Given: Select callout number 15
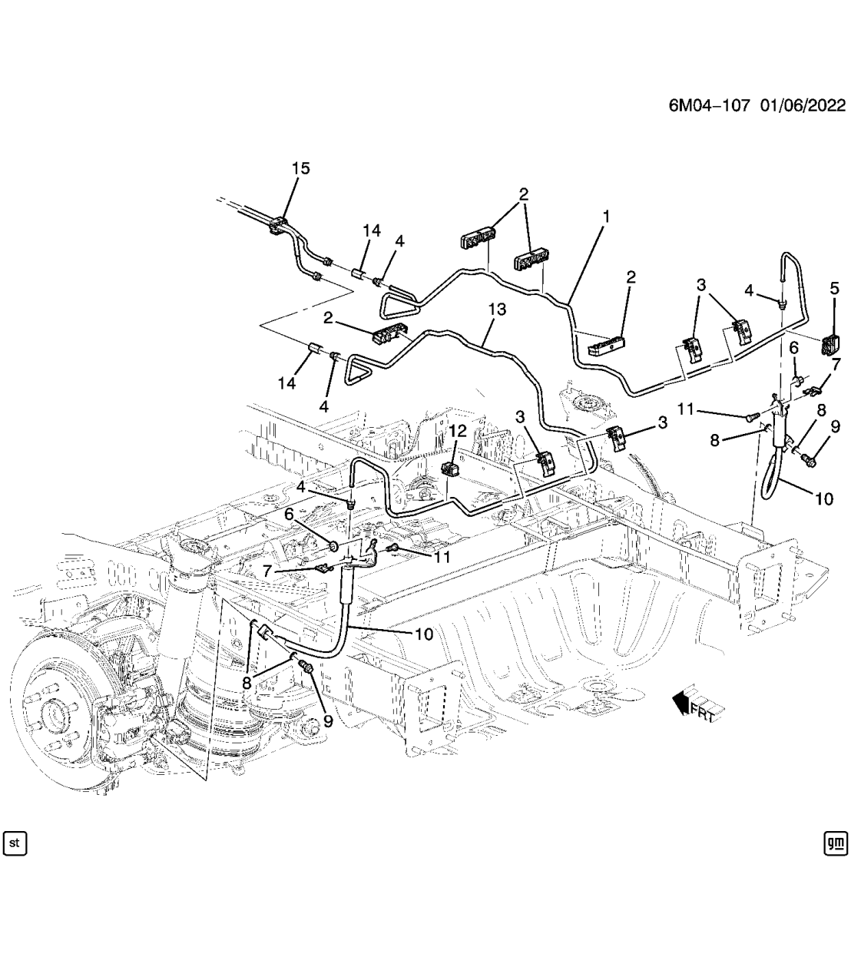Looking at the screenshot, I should (300, 169).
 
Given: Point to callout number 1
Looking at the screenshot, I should (605, 217).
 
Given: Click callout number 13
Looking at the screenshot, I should (497, 309).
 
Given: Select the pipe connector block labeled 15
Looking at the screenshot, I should (279, 223).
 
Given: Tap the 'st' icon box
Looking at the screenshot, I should (15, 843).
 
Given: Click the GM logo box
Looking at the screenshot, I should (835, 843).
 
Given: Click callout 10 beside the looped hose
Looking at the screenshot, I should (823, 499).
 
